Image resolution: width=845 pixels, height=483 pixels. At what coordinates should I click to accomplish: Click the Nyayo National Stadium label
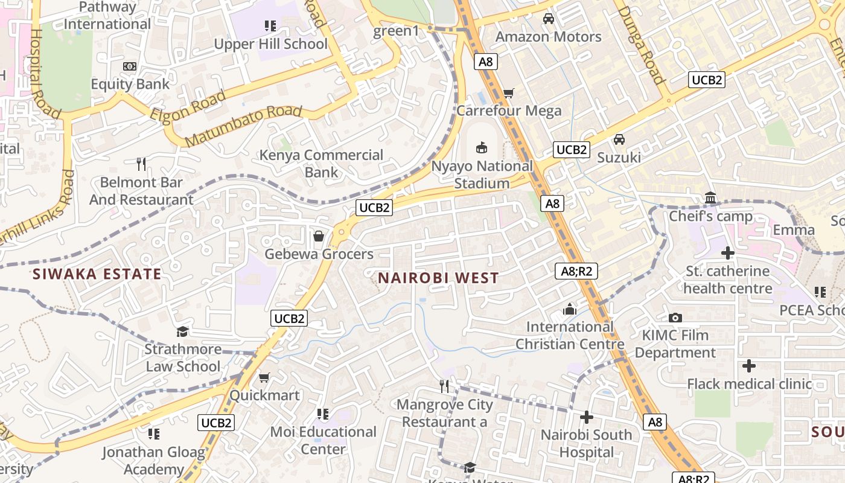click(482, 174)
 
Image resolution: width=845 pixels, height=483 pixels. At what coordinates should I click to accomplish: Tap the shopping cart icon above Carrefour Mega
click(508, 94)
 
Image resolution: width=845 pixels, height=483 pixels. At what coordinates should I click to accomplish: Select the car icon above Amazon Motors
click(548, 19)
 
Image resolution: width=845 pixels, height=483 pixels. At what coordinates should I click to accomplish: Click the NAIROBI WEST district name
click(438, 278)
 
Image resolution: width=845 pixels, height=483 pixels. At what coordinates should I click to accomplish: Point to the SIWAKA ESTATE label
click(97, 274)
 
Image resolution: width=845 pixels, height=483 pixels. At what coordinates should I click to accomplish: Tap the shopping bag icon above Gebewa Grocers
click(318, 236)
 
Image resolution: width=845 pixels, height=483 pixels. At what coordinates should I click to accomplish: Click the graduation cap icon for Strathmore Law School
click(182, 331)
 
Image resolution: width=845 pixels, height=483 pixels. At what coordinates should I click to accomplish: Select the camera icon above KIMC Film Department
click(675, 318)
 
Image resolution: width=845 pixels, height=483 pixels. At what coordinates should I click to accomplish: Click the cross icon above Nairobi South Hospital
click(586, 417)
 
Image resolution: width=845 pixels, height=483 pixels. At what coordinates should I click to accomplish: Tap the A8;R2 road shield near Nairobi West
click(576, 271)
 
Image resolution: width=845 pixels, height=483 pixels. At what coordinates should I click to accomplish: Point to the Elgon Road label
click(188, 106)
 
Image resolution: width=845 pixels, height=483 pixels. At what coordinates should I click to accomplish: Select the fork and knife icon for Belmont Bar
click(141, 164)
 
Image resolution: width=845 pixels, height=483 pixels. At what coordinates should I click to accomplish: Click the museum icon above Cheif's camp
click(710, 198)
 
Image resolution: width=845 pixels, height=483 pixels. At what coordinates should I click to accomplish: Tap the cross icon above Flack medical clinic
click(749, 366)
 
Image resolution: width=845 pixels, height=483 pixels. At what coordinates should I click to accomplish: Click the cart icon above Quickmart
click(264, 378)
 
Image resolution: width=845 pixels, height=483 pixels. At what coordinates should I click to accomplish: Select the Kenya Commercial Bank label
click(321, 164)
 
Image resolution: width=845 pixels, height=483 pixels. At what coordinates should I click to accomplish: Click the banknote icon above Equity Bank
click(130, 66)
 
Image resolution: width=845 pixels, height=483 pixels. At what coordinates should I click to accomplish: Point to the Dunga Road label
click(641, 45)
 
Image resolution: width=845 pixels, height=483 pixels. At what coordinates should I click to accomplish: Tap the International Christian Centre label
click(569, 336)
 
